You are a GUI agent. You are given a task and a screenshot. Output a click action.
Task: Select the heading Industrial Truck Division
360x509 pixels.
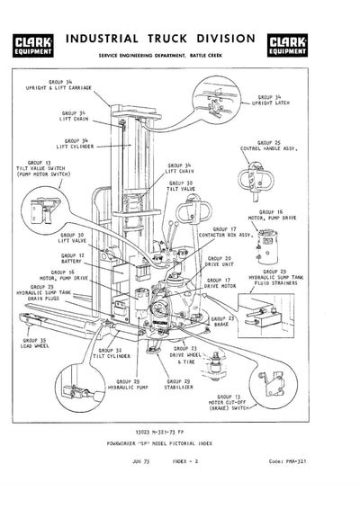point(179,40)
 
